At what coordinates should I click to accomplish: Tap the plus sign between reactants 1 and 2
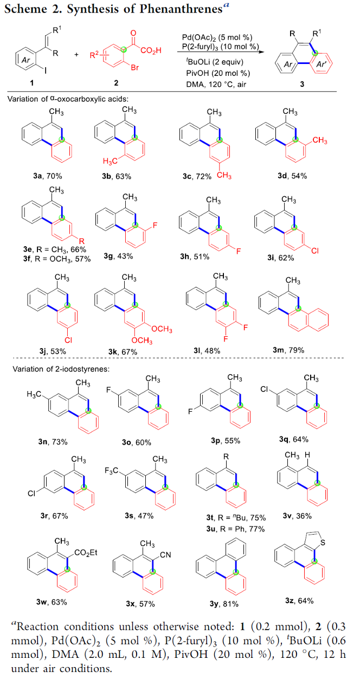coord(76,55)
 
